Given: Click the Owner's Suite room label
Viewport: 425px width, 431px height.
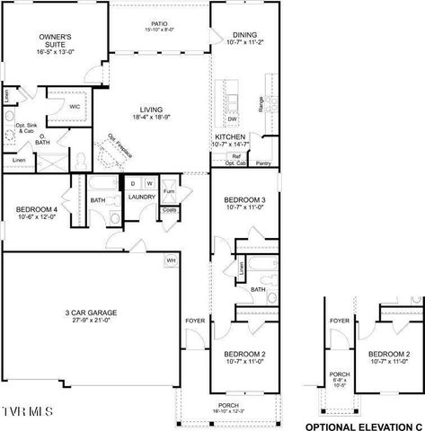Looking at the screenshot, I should pos(53,39).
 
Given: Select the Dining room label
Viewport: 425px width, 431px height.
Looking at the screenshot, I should pos(232,34).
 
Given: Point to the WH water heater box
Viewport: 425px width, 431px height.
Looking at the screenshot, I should pos(170,260).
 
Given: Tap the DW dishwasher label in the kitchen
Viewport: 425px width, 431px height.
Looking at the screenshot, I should pos(232,119).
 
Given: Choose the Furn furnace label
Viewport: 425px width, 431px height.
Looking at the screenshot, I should pos(167,193).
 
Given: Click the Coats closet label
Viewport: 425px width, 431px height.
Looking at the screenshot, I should pos(168,210).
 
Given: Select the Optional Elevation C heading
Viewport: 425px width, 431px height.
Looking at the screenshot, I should pos(365,423).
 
